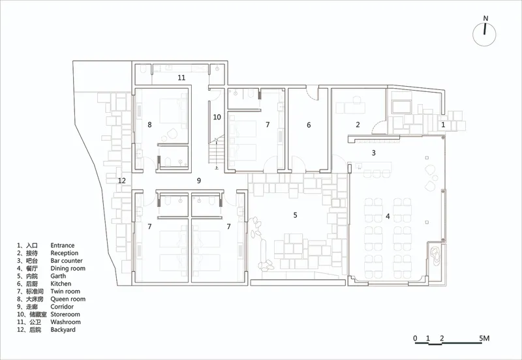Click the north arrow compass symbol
pyautogui.click(x=484, y=35)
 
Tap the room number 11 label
pyautogui.click(x=181, y=78)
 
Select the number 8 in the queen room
pyautogui.click(x=149, y=125)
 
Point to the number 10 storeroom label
pyautogui.click(x=217, y=117)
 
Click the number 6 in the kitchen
pyautogui.click(x=309, y=125)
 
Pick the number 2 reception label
pyautogui.click(x=358, y=125)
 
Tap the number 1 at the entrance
pyautogui.click(x=443, y=125)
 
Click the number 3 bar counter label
pyautogui.click(x=373, y=153)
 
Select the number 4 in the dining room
pyautogui.click(x=388, y=217)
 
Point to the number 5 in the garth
pyautogui.click(x=295, y=215)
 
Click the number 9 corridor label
pyautogui.click(x=199, y=181)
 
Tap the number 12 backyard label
pyautogui.click(x=122, y=181)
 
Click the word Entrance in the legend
pyautogui.click(x=62, y=245)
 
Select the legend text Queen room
pyautogui.click(x=68, y=299)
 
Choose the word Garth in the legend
pyautogui.click(x=58, y=276)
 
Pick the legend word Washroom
pyautogui.click(x=66, y=322)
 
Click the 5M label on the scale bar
pyautogui.click(x=484, y=338)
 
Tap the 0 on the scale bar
pyautogui.click(x=415, y=338)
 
